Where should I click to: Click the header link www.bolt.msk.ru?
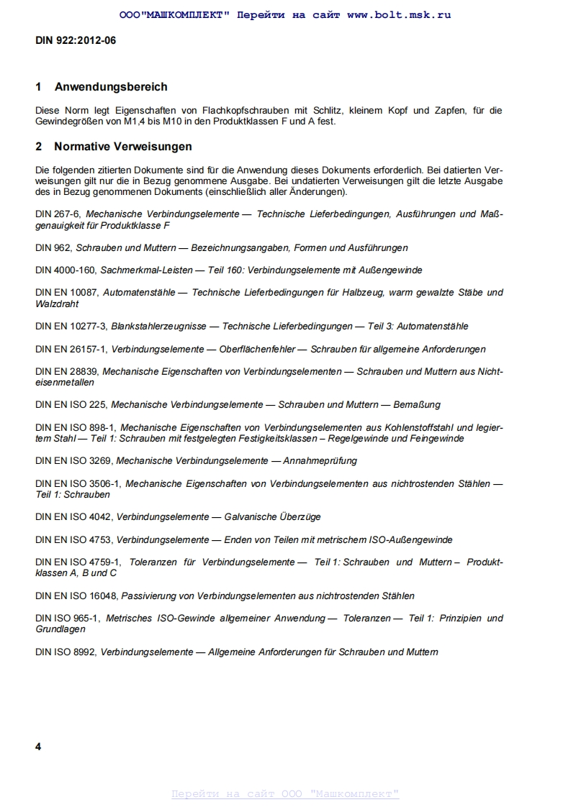[399, 14]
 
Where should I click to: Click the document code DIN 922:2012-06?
[76, 41]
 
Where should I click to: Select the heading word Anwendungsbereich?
[111, 87]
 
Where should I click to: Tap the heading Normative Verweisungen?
[122, 147]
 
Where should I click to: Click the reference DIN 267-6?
[58, 214]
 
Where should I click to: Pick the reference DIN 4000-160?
[66, 270]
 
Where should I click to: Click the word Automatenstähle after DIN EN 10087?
[144, 293]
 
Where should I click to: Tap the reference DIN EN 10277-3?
[71, 327]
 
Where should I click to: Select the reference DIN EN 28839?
[66, 372]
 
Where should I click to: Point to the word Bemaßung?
[416, 405]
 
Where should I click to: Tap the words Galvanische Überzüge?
[274, 517]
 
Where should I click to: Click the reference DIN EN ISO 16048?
[76, 596]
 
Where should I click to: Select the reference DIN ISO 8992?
[66, 652]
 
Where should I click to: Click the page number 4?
[38, 747]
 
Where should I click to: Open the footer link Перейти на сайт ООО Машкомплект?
[285, 794]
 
